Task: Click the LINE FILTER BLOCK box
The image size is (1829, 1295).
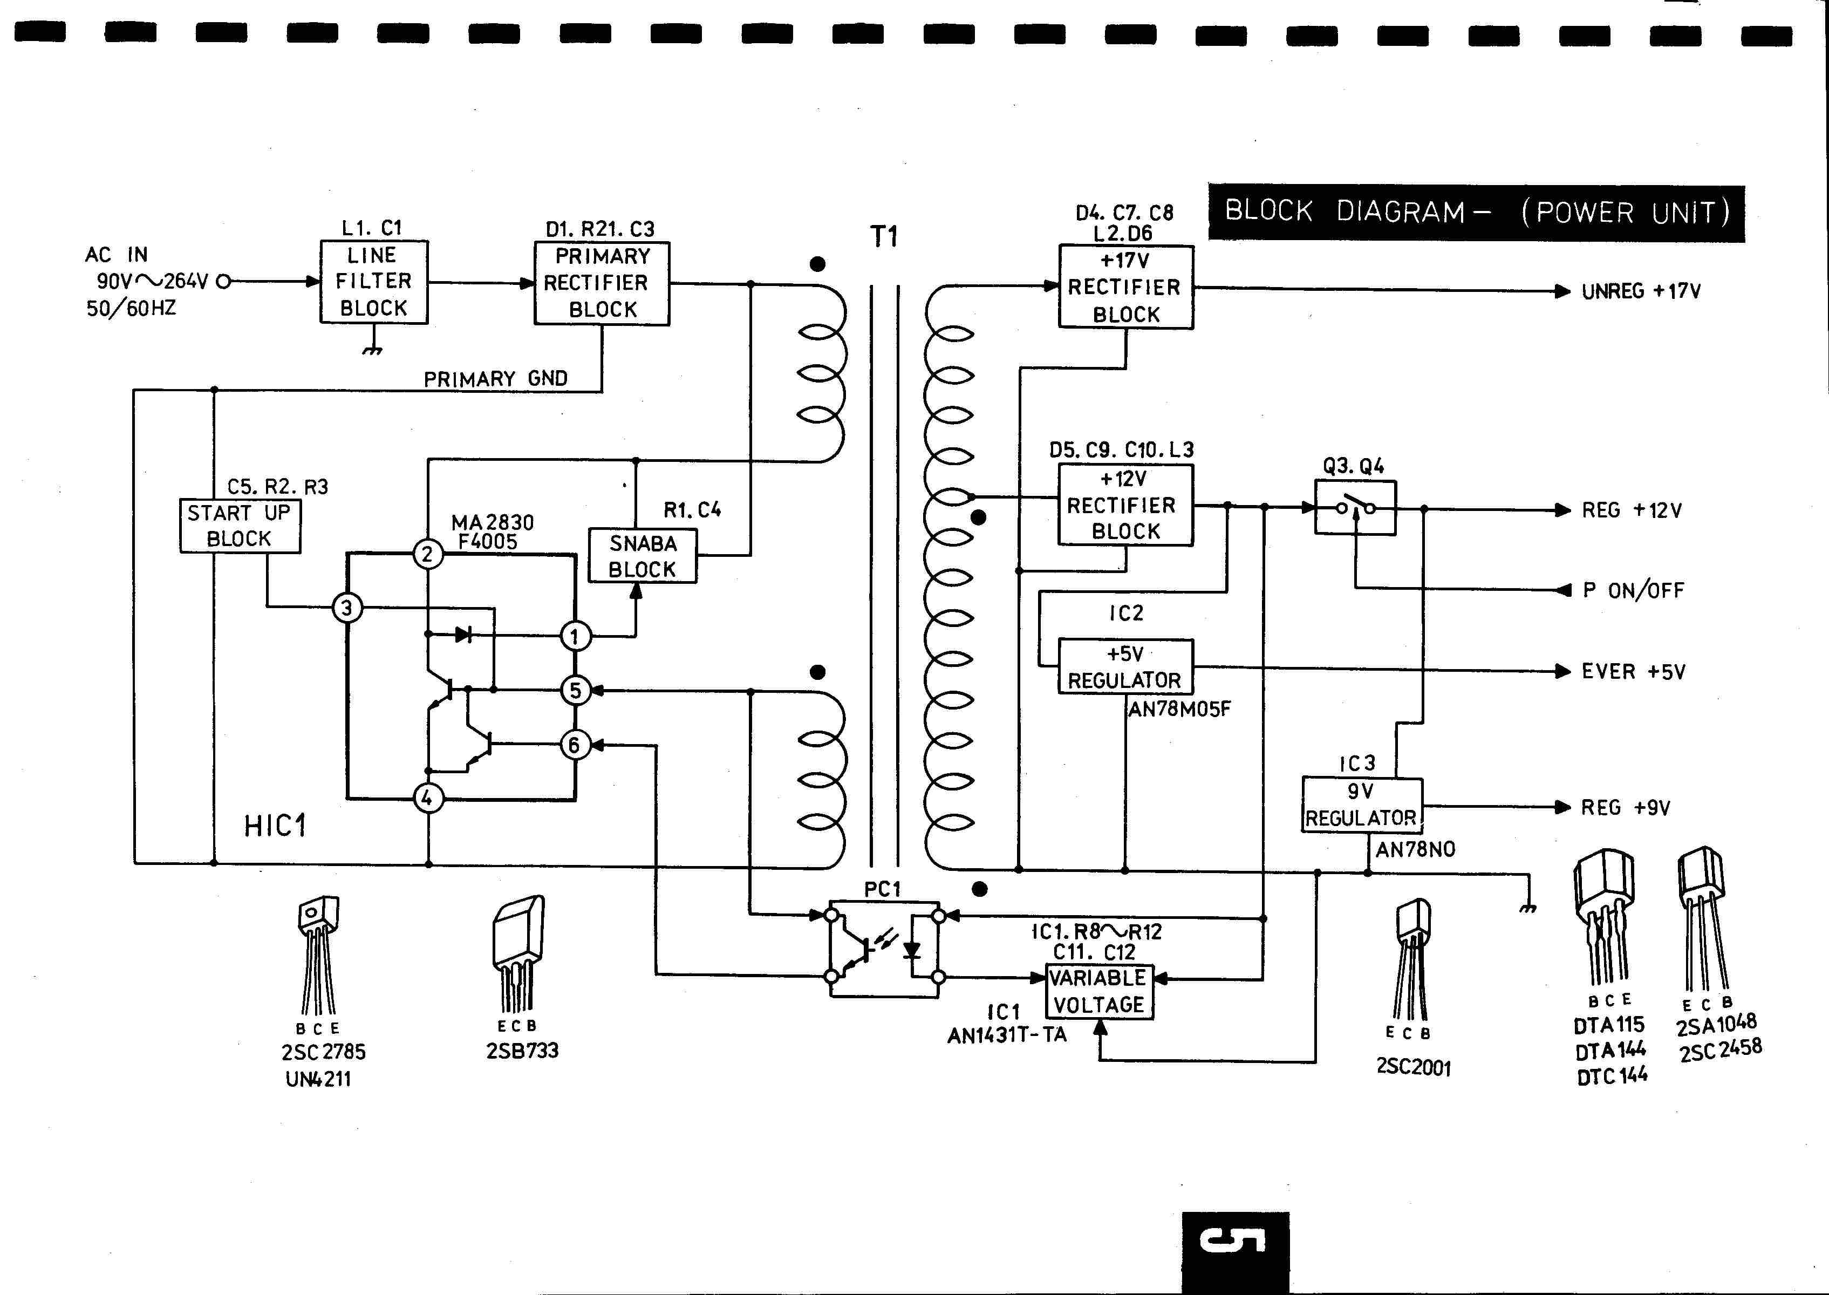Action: [374, 282]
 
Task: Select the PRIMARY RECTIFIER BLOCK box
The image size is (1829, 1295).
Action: [602, 283]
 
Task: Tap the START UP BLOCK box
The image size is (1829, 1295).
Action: [240, 526]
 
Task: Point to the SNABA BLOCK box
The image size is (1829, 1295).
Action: [643, 556]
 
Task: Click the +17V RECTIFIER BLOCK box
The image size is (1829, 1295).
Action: [1126, 287]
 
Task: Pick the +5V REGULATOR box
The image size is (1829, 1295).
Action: [1125, 666]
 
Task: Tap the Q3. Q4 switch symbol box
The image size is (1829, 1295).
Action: [1355, 507]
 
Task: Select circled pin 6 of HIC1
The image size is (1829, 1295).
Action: [574, 745]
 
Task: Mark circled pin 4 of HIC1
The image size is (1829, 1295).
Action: [427, 798]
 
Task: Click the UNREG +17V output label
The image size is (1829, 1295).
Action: [1641, 291]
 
